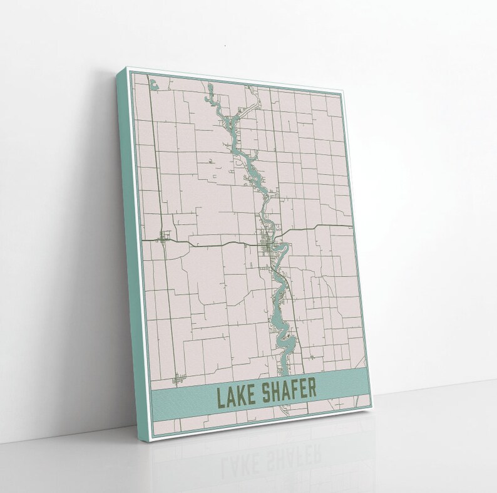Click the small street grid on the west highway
pyautogui.click(x=165, y=237)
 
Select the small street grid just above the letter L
pyautogui.click(x=180, y=379)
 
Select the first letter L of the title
pyautogui.click(x=220, y=397)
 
